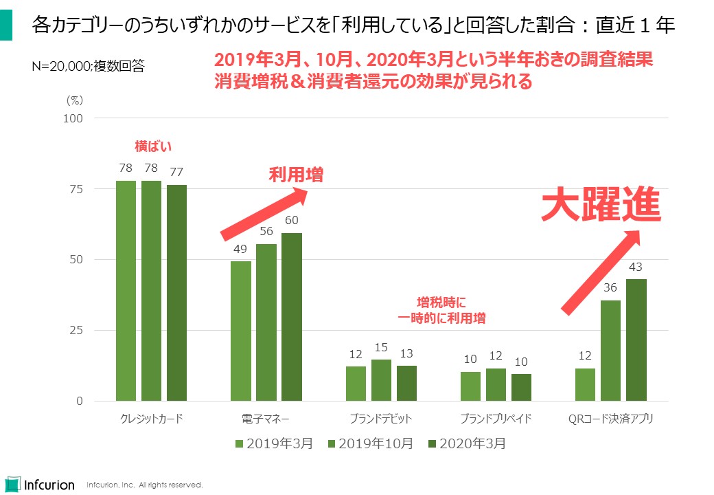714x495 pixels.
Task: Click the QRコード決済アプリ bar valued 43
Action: pos(636,340)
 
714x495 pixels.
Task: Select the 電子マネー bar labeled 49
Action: pos(241,331)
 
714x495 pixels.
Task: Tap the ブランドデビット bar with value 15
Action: pos(381,379)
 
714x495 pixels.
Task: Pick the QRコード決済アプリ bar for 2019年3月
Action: pos(585,384)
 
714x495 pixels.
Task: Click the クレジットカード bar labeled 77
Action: pos(176,293)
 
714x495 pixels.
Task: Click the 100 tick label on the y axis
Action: pos(73,118)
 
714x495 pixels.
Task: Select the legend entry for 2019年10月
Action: pos(371,443)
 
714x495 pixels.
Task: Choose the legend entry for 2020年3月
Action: pos(466,443)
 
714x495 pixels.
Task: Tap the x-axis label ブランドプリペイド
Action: pos(496,418)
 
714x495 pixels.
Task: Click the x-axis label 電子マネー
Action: pos(266,418)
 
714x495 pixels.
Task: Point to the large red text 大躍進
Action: pos(601,204)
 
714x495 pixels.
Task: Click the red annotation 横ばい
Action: pos(152,146)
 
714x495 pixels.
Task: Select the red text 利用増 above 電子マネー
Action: pos(295,175)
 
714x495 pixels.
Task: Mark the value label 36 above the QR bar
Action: pos(610,288)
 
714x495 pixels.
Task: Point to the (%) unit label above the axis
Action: pos(74,100)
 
